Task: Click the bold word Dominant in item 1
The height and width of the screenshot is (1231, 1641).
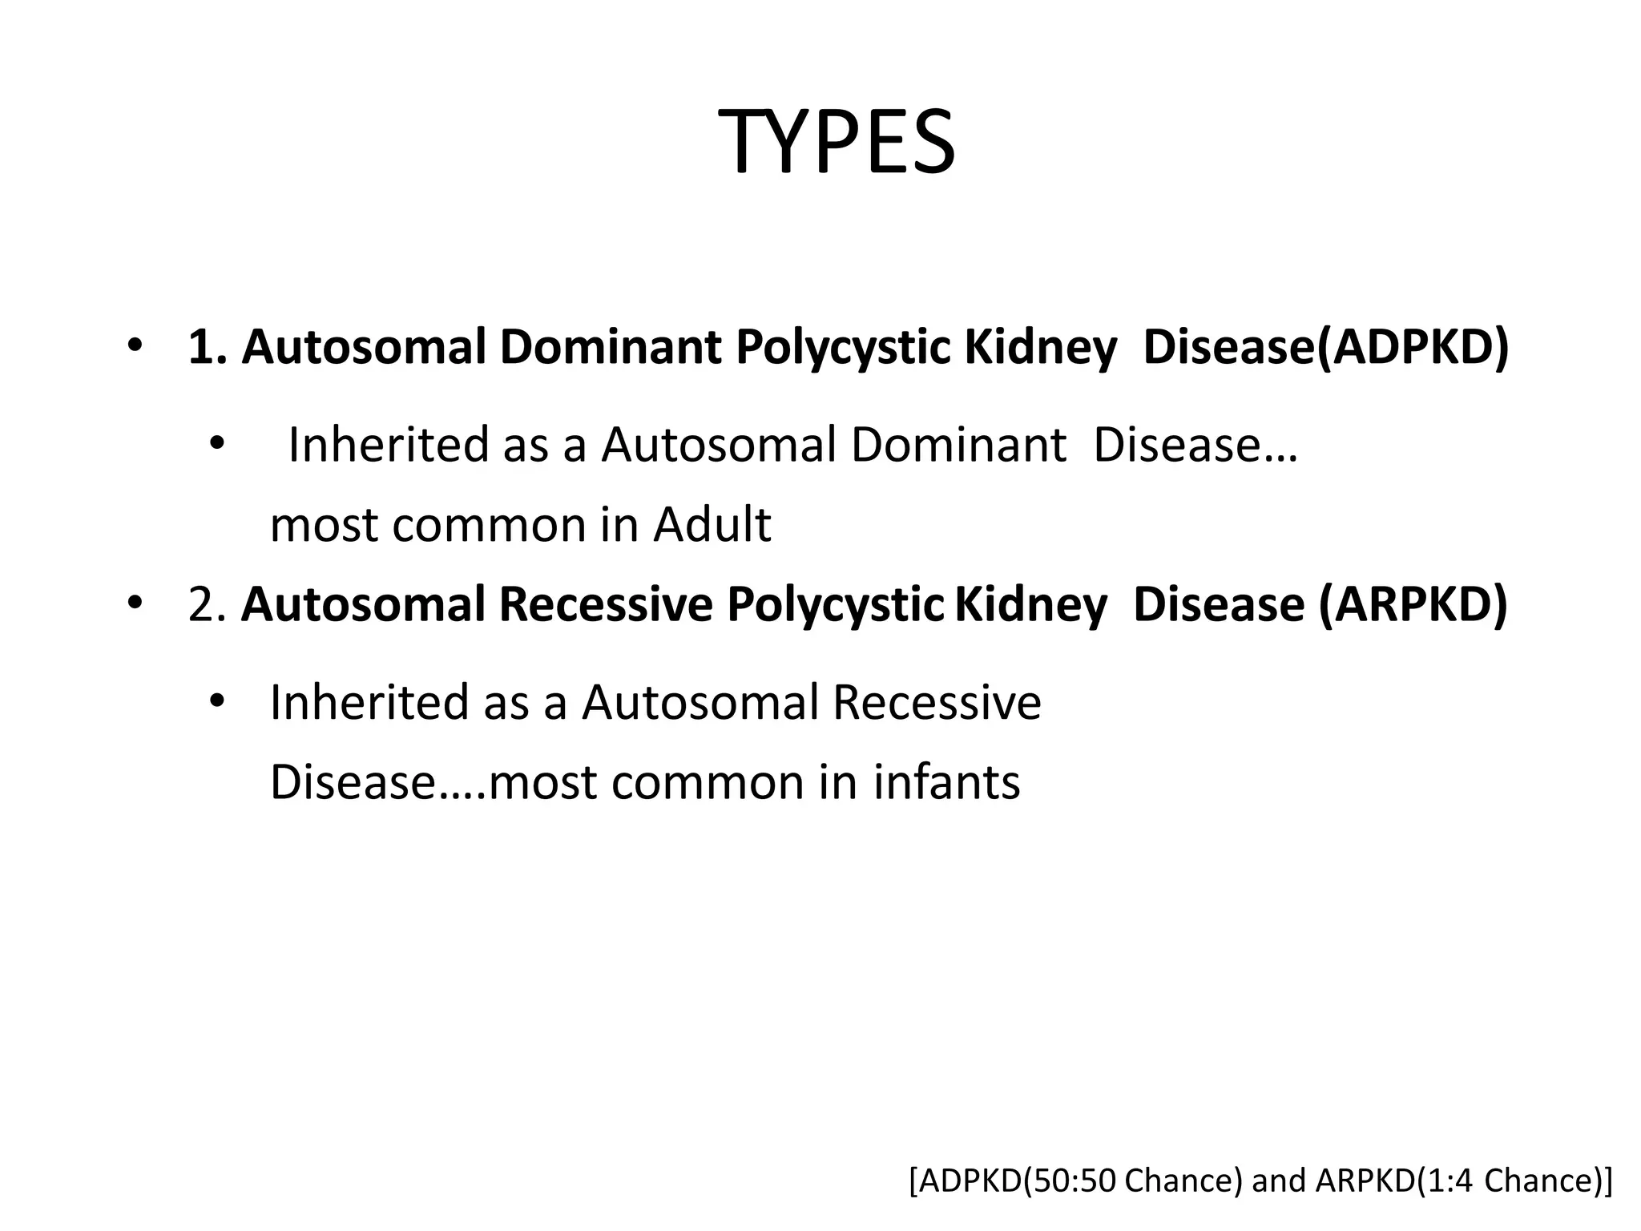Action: click(x=611, y=347)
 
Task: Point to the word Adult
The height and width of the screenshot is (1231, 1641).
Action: click(x=712, y=525)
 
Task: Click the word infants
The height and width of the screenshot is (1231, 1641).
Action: click(x=946, y=782)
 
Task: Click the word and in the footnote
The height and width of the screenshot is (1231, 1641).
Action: click(x=1277, y=1181)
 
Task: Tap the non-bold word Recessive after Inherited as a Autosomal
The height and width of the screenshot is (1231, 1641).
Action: click(x=937, y=702)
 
